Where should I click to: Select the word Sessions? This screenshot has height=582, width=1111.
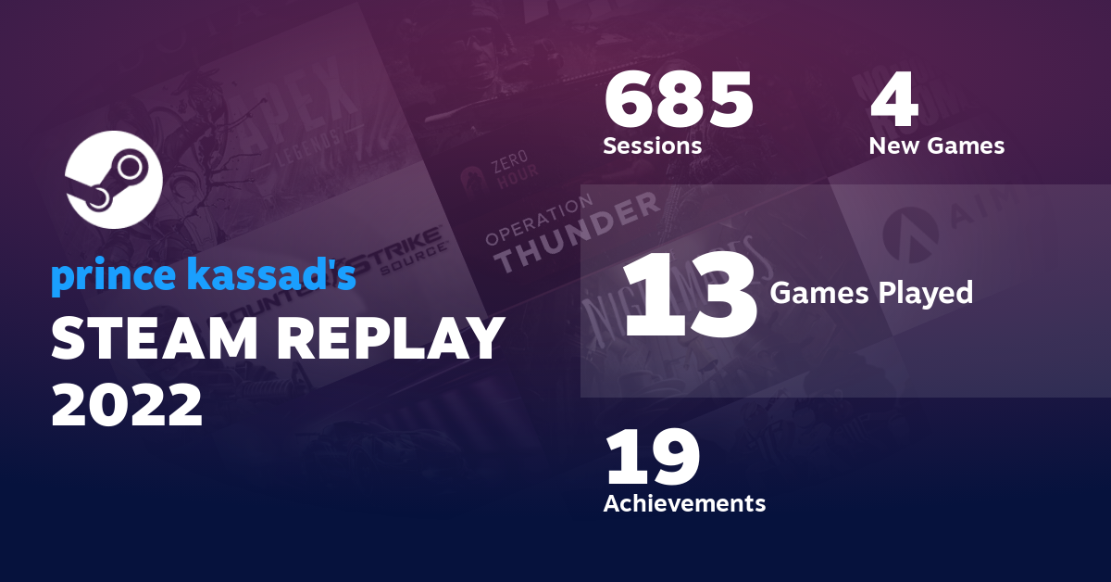click(652, 146)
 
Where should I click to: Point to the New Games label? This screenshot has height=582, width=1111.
click(936, 146)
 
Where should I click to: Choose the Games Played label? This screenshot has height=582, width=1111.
click(871, 294)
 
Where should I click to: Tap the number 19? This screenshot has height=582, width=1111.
click(652, 459)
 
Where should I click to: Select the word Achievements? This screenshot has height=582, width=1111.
click(684, 503)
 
